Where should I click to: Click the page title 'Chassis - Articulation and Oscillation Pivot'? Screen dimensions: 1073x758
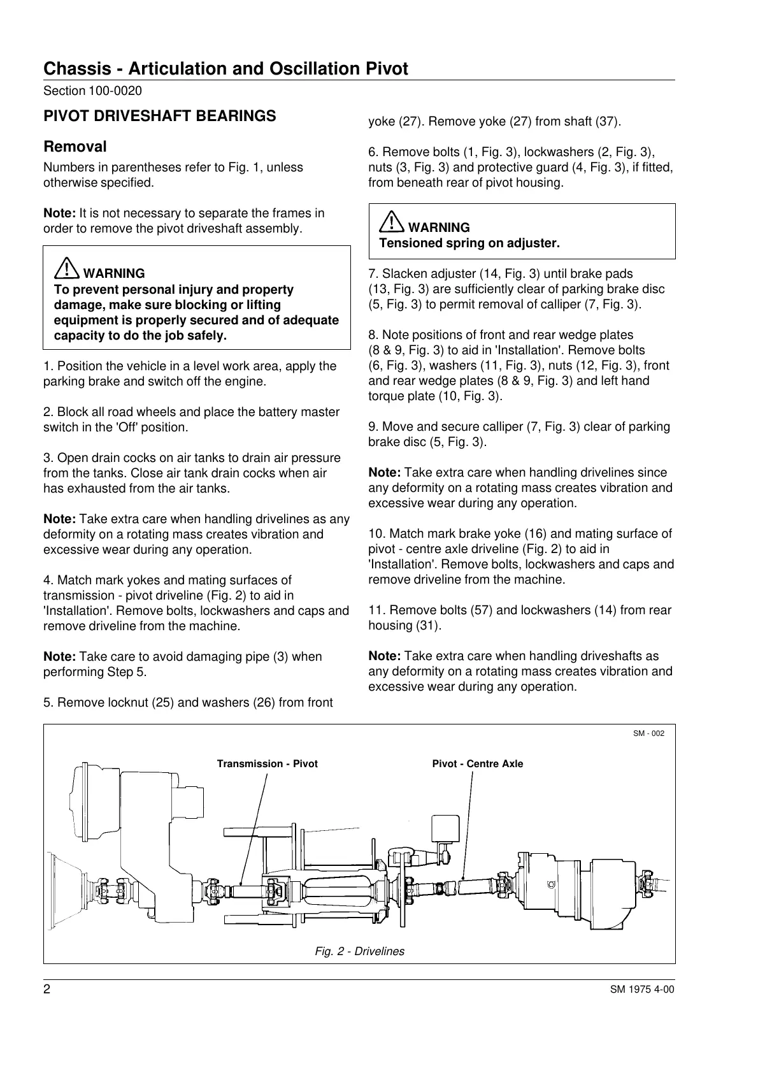[x=225, y=69]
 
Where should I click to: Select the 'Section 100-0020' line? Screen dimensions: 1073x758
[x=92, y=91]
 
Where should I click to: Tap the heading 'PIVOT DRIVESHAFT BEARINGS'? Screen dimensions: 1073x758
[x=159, y=116]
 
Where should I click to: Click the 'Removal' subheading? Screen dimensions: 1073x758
[x=75, y=147]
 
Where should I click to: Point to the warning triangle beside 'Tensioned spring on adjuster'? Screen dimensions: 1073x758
[x=390, y=224]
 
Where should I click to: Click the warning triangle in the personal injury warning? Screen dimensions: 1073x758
[x=66, y=270]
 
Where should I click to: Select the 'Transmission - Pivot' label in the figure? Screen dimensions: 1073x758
[x=267, y=764]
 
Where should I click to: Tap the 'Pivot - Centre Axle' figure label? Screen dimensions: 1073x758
[x=477, y=764]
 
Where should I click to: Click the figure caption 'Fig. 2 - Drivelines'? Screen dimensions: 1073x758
[x=359, y=951]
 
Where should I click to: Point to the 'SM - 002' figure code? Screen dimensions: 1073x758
[x=648, y=733]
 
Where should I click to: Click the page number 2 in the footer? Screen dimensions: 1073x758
[x=47, y=990]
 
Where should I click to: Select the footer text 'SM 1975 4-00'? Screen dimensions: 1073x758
[x=641, y=990]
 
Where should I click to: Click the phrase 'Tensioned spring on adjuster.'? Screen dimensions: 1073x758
[x=469, y=243]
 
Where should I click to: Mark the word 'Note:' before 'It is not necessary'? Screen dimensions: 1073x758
[x=60, y=213]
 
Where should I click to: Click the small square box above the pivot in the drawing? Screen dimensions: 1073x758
[x=445, y=828]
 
